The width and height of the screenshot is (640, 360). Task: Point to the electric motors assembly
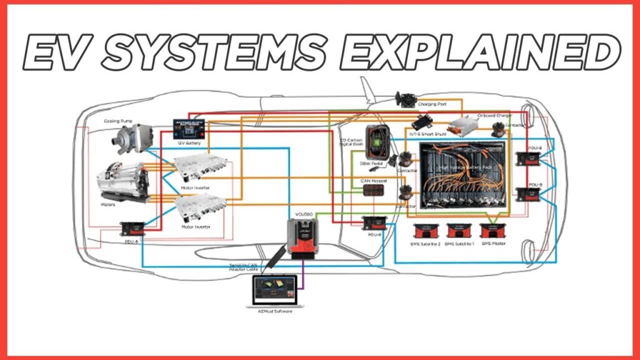click(122, 181)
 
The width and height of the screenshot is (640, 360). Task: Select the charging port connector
click(407, 99)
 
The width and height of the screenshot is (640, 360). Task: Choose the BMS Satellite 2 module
click(426, 231)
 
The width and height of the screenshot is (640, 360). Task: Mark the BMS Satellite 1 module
click(459, 231)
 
